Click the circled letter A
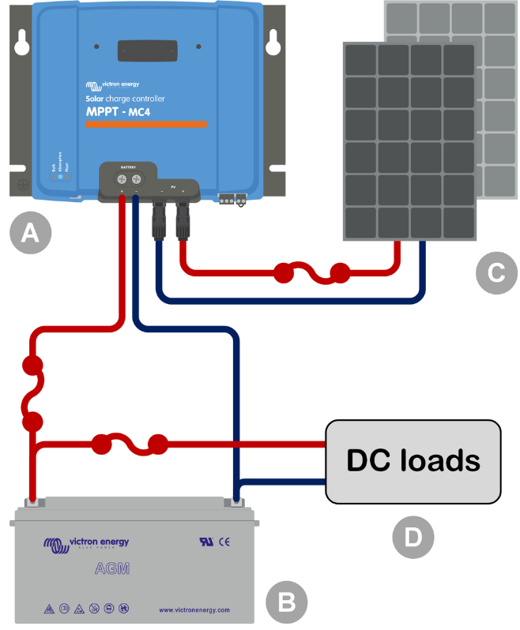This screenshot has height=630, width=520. [29, 234]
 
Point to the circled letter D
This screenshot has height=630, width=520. [413, 537]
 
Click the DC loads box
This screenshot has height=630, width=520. [413, 461]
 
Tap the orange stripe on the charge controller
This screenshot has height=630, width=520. [145, 124]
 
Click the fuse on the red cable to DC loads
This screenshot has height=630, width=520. [130, 444]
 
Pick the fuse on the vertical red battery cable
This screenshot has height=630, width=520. [32, 392]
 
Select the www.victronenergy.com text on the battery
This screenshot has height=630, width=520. [194, 609]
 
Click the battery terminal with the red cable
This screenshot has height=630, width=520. [32, 501]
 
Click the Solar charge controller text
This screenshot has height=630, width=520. [125, 99]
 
